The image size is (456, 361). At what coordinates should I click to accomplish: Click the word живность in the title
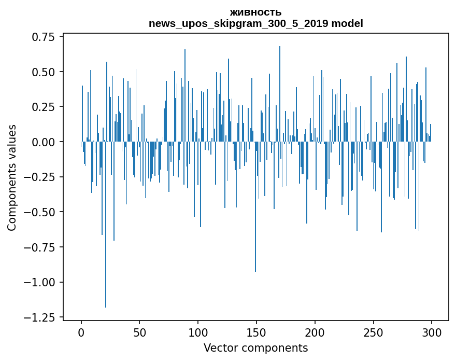click(255, 12)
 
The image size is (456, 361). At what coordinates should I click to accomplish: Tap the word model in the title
click(347, 24)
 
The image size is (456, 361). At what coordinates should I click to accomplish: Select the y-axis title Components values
click(12, 177)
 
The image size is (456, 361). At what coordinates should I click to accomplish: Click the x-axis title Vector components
click(255, 348)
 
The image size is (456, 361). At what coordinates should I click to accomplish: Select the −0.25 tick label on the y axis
click(41, 177)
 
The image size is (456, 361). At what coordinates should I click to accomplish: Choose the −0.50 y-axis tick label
click(41, 212)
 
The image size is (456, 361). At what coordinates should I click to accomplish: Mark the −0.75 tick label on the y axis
click(41, 247)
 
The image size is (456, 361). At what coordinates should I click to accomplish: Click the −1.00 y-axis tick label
click(41, 282)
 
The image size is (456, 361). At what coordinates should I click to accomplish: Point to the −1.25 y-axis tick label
click(41, 317)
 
